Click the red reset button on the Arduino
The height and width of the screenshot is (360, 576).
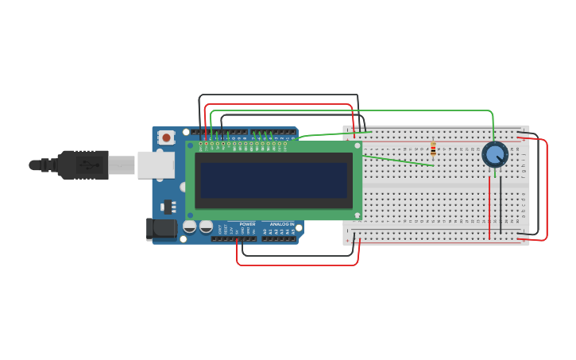coord(166,137)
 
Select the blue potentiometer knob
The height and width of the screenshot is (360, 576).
coord(495,154)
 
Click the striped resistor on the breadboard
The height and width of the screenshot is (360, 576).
coord(433,149)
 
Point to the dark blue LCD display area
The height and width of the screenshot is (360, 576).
coord(273,180)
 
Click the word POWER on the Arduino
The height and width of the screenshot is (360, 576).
coord(247,224)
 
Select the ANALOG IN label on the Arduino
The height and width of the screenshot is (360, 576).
coord(281,224)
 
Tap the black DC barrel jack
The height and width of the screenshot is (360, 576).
coord(162,229)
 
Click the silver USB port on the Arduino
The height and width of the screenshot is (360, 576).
coord(156,165)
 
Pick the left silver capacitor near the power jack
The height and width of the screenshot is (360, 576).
coord(190,227)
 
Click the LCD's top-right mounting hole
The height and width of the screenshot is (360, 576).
coord(357,145)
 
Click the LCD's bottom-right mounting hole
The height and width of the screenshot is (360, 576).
coord(357,215)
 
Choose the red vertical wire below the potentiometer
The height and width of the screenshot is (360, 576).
coord(489,207)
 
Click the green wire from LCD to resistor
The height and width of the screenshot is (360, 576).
coord(397,160)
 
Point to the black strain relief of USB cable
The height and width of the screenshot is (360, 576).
coord(47,165)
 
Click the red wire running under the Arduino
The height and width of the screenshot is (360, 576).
coord(298,265)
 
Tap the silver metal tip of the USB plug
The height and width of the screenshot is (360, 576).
coord(122,165)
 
